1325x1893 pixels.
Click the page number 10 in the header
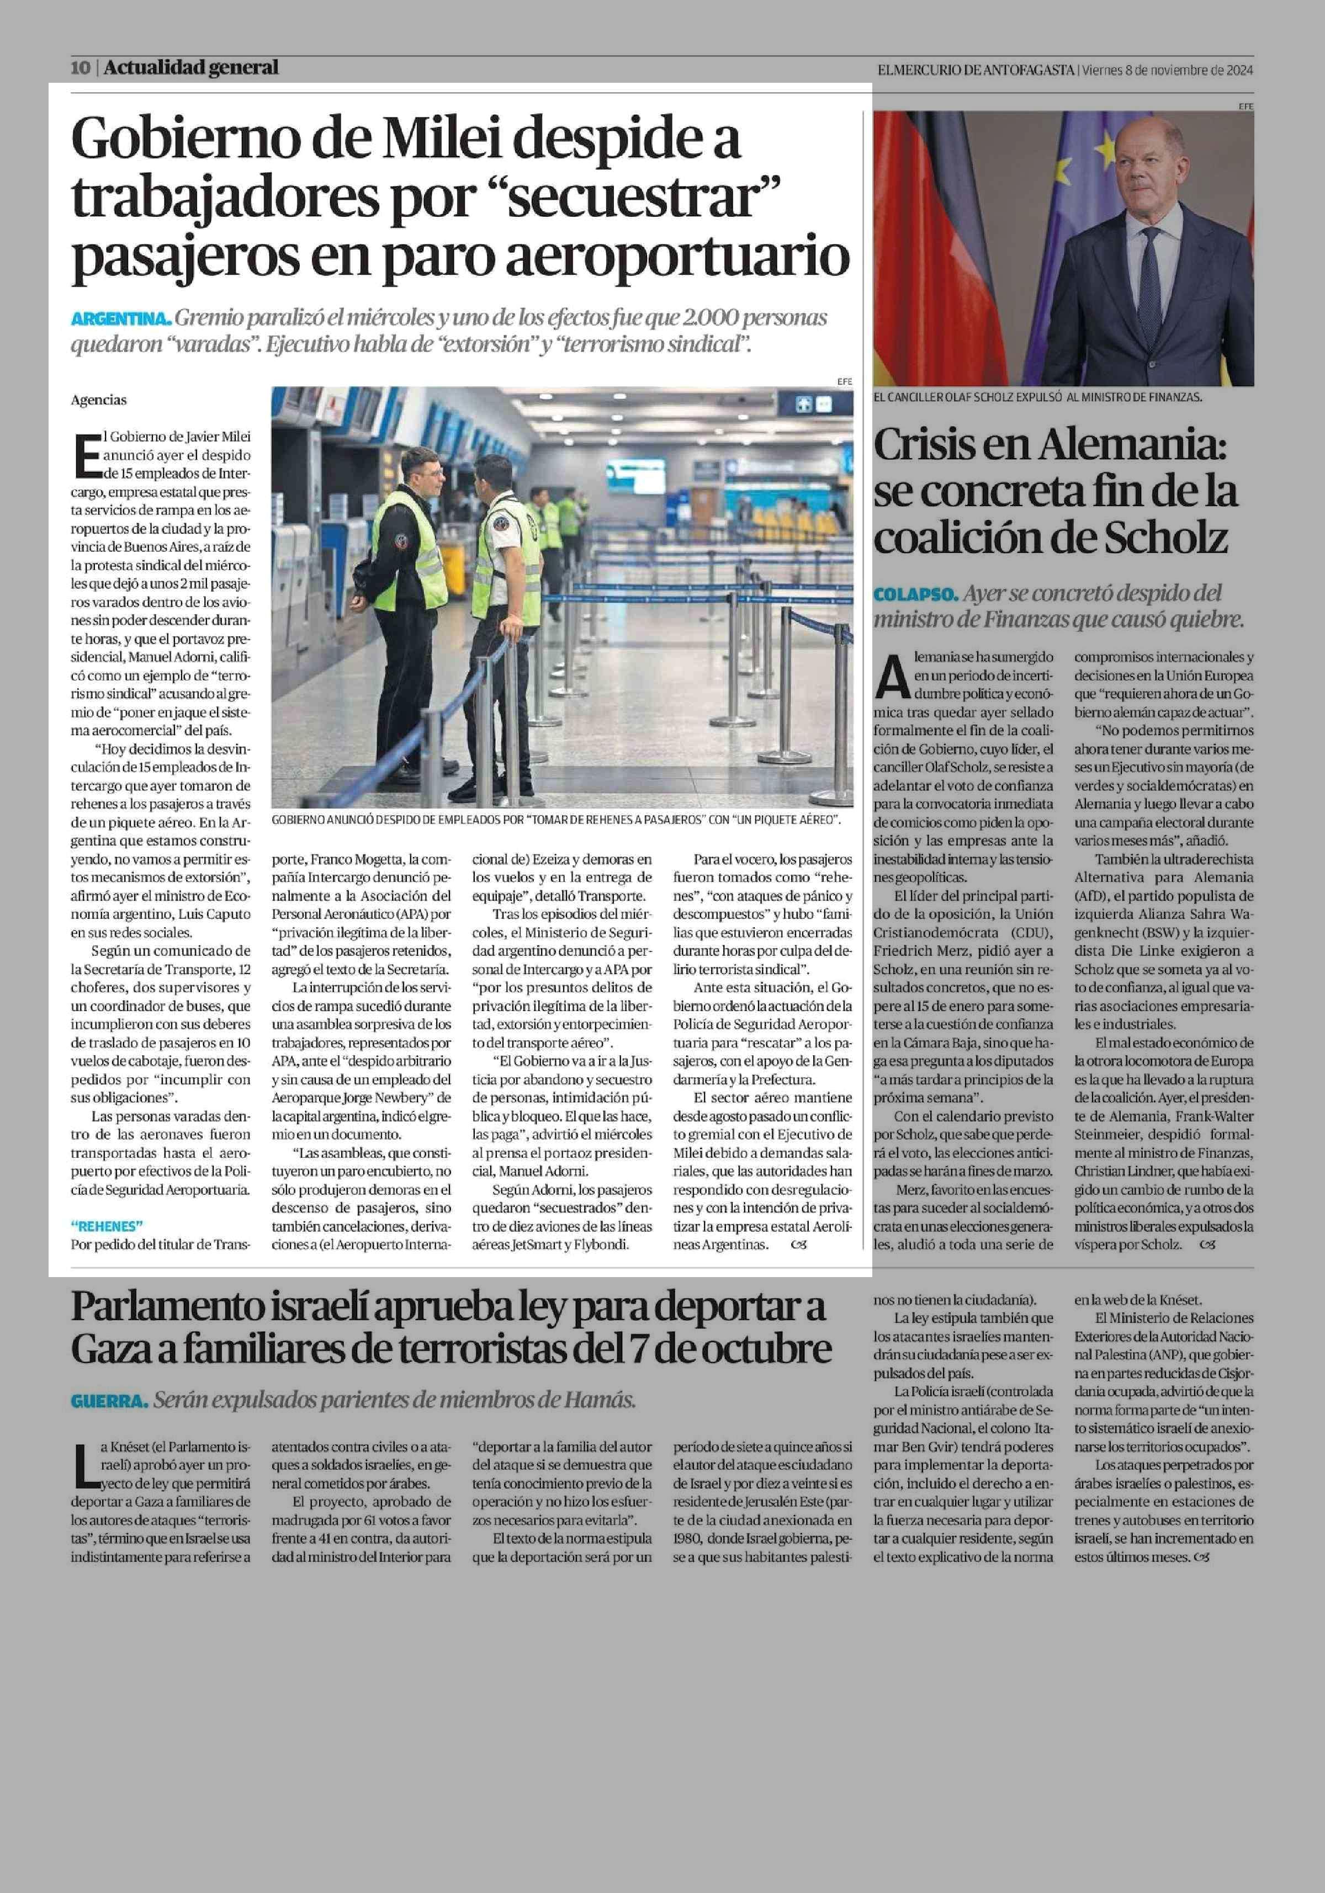click(80, 67)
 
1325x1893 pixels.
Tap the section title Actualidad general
click(191, 67)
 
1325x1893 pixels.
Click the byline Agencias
click(99, 400)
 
